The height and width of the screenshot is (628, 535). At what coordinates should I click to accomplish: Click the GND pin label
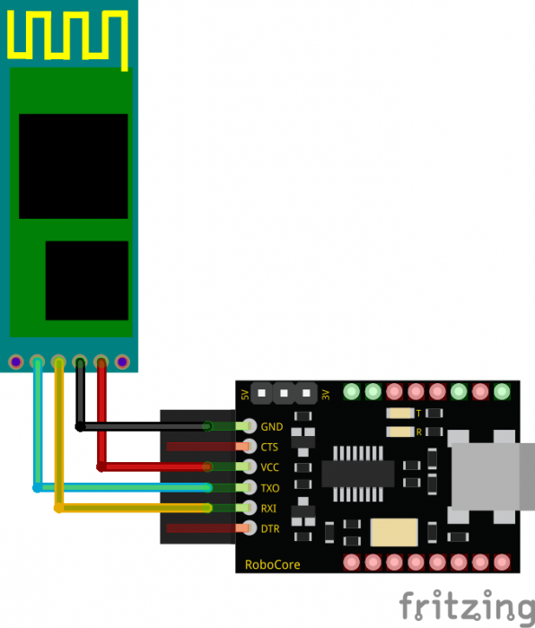[x=272, y=427]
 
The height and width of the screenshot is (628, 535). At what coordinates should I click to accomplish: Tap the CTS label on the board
[x=269, y=447]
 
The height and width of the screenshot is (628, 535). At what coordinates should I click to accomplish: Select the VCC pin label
[x=269, y=467]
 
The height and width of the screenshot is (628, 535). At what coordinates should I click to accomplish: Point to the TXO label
[x=270, y=488]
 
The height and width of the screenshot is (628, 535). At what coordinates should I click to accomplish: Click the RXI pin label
[x=268, y=509]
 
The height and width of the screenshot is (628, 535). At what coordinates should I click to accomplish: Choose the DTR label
[x=270, y=529]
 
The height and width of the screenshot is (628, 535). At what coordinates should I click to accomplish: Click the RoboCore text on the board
[x=273, y=564]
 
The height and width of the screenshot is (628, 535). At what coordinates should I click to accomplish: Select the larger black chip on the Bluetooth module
[x=74, y=166]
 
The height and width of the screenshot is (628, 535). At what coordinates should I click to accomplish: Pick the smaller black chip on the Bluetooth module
[x=87, y=280]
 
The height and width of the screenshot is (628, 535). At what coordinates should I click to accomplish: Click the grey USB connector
[x=491, y=476]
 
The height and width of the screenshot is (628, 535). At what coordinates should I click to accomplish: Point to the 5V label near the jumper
[x=245, y=395]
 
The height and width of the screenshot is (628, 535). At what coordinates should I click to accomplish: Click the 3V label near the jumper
[x=326, y=395]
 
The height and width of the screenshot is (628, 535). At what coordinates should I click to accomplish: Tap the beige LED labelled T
[x=400, y=413]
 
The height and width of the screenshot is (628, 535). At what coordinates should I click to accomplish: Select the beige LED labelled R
[x=400, y=432]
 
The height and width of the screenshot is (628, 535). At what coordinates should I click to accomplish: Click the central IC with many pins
[x=358, y=474]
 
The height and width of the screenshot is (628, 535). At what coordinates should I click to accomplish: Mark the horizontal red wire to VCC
[x=154, y=467]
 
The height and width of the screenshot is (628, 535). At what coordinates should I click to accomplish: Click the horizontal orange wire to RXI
[x=133, y=508]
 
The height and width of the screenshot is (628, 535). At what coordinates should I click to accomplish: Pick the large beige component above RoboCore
[x=394, y=532]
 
